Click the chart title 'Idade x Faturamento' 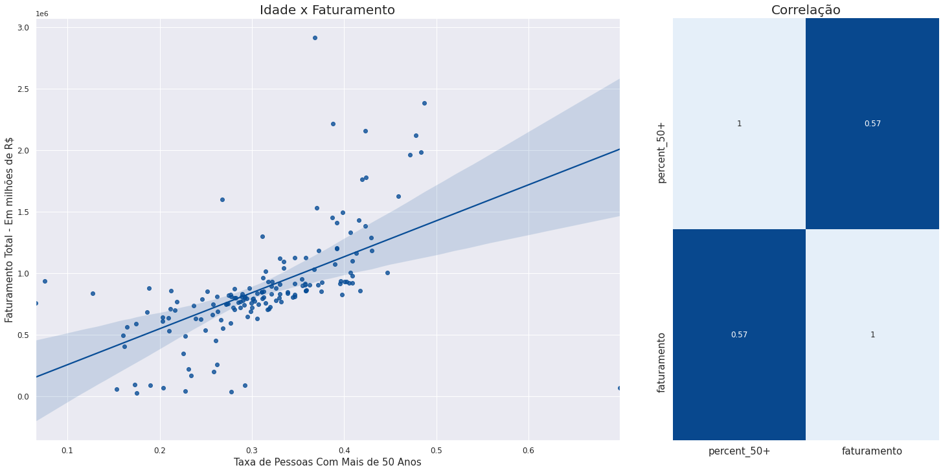point(327,10)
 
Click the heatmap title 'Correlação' point(806,10)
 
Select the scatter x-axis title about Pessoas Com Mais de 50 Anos point(327,462)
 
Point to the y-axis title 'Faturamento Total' point(9,229)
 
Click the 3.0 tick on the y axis point(23,27)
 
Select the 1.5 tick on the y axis point(23,212)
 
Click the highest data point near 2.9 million point(315,38)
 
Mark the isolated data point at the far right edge point(619,388)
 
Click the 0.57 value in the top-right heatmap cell point(872,124)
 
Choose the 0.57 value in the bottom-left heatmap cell point(739,335)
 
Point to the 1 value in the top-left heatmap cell point(739,124)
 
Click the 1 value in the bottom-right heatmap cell point(872,335)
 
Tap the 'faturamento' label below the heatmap point(872,451)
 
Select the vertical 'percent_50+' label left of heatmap point(661,152)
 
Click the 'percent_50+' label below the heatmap point(739,451)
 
